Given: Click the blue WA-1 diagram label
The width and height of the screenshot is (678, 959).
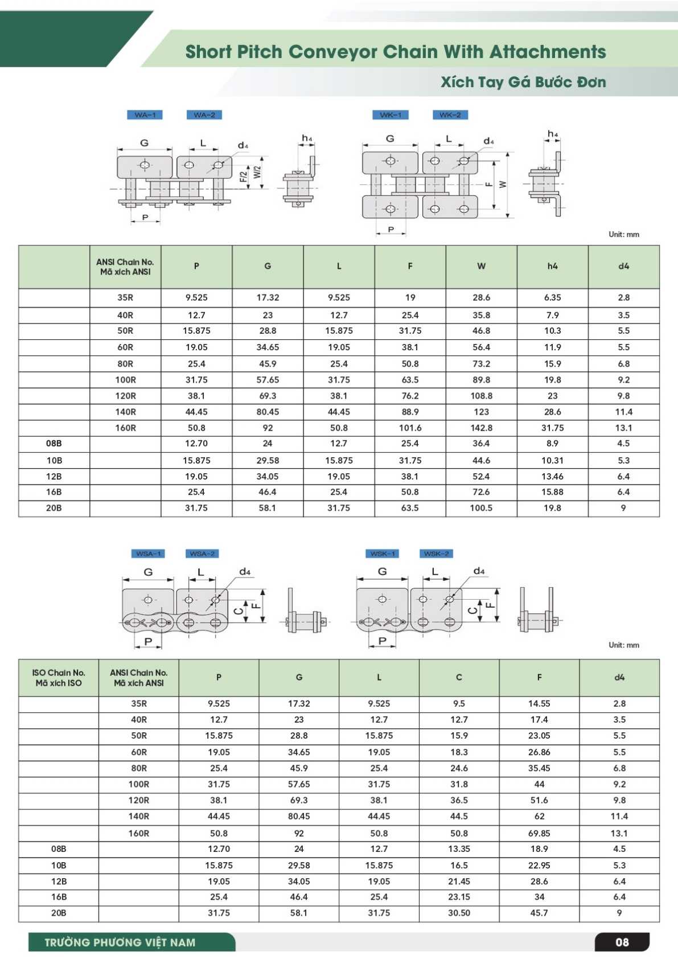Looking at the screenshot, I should tap(145, 115).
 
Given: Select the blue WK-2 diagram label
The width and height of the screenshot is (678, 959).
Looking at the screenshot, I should tap(450, 115).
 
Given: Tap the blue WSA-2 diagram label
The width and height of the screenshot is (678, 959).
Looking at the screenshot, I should tap(203, 554).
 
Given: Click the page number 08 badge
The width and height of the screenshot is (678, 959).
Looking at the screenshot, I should tap(622, 942).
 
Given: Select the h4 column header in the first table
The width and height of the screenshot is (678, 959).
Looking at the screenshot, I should tap(552, 266).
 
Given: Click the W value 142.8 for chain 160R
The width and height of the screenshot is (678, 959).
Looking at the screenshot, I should tap(481, 428).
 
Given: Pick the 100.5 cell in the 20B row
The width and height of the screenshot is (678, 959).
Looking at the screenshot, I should tap(481, 508).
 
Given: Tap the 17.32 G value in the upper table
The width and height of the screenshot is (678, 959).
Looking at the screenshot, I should tap(268, 297).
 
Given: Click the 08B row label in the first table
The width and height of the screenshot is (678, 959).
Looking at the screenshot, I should tap(54, 443).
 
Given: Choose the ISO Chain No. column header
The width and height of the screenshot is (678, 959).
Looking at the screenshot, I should tap(59, 678).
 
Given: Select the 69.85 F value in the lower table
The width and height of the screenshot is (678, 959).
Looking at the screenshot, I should tap(539, 833).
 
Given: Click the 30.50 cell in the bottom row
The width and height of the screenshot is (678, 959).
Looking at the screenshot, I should tap(459, 912).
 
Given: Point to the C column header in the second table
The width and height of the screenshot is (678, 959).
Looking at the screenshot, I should tap(459, 677).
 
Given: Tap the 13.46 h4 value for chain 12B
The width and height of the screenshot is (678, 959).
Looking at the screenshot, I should tap(552, 476).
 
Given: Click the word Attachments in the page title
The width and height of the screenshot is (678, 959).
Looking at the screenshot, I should tap(548, 52).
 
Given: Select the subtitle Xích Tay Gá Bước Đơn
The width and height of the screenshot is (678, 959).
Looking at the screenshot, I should tap(523, 82).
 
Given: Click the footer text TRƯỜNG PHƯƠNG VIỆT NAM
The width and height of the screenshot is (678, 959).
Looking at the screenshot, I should tap(120, 942).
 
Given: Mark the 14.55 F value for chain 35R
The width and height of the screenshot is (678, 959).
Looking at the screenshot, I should tap(539, 703).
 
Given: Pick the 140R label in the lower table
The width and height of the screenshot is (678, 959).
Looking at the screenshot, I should tap(139, 816).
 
